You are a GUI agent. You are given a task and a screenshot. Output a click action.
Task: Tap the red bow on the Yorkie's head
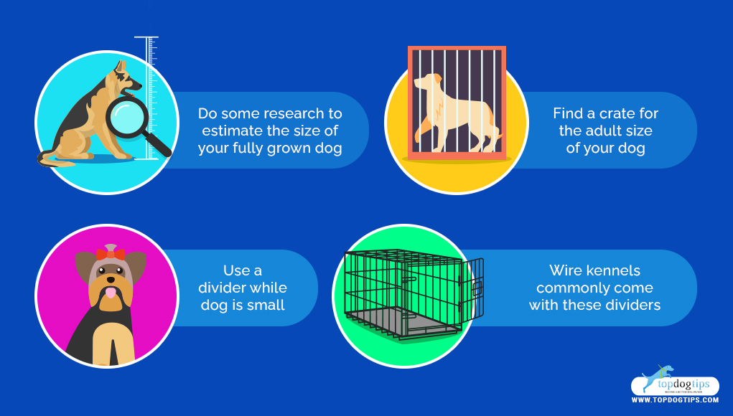110,254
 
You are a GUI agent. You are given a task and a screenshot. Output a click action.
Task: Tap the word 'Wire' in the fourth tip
566,271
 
